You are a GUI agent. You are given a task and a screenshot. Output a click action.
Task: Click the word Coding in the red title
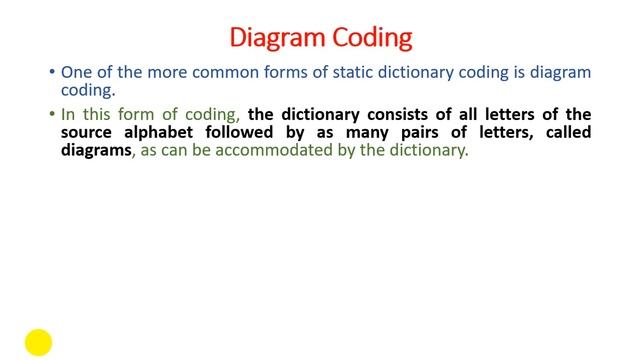click(371, 38)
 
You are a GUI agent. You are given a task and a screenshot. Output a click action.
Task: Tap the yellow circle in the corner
click(38, 342)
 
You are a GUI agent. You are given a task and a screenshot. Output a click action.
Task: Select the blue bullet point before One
click(52, 73)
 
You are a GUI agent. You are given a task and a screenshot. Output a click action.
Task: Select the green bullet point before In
click(52, 114)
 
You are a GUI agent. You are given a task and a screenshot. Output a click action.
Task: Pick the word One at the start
click(77, 73)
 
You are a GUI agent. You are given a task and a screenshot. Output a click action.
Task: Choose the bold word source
click(89, 132)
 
